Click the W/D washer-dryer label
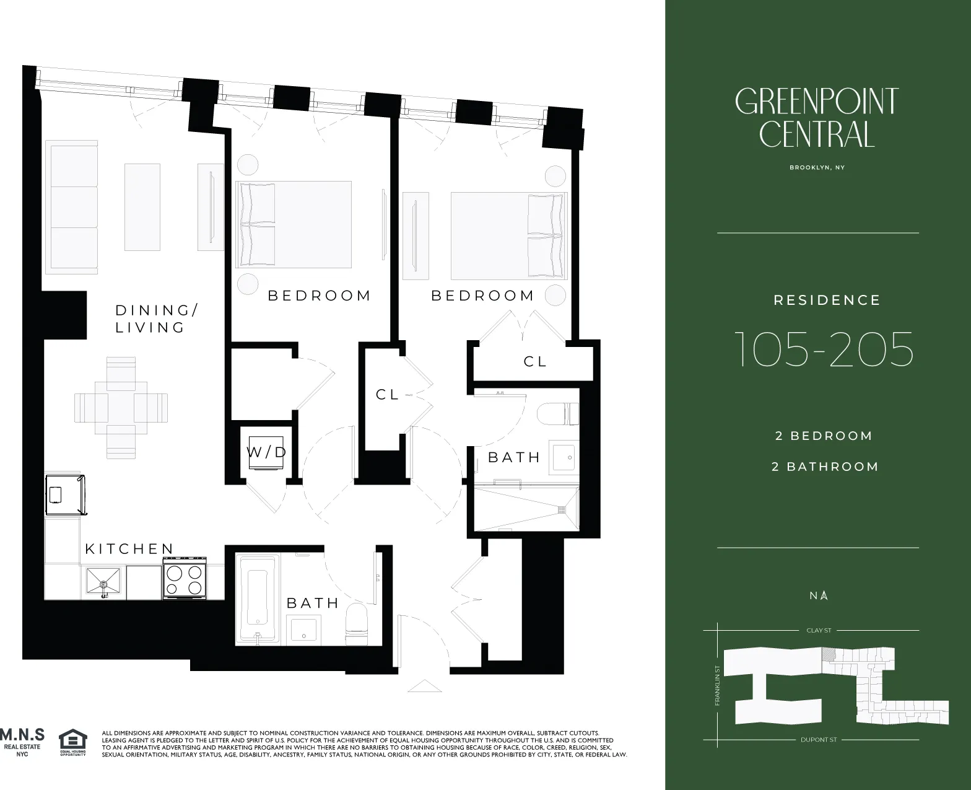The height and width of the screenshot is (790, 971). (267, 452)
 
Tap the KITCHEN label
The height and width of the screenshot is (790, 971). (129, 548)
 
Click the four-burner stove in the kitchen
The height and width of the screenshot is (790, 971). (185, 579)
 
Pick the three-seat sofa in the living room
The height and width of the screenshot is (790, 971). (72, 207)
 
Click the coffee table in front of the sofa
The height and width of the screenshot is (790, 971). (142, 207)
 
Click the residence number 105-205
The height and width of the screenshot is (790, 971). (824, 349)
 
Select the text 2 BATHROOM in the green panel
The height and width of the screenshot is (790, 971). (825, 467)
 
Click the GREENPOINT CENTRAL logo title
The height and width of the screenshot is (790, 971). (817, 118)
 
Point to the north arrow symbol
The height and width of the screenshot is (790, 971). (824, 595)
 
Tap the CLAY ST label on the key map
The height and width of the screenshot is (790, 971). (818, 630)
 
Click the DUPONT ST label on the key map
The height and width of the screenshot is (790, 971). (818, 740)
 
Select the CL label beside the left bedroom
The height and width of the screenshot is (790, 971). (388, 394)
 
